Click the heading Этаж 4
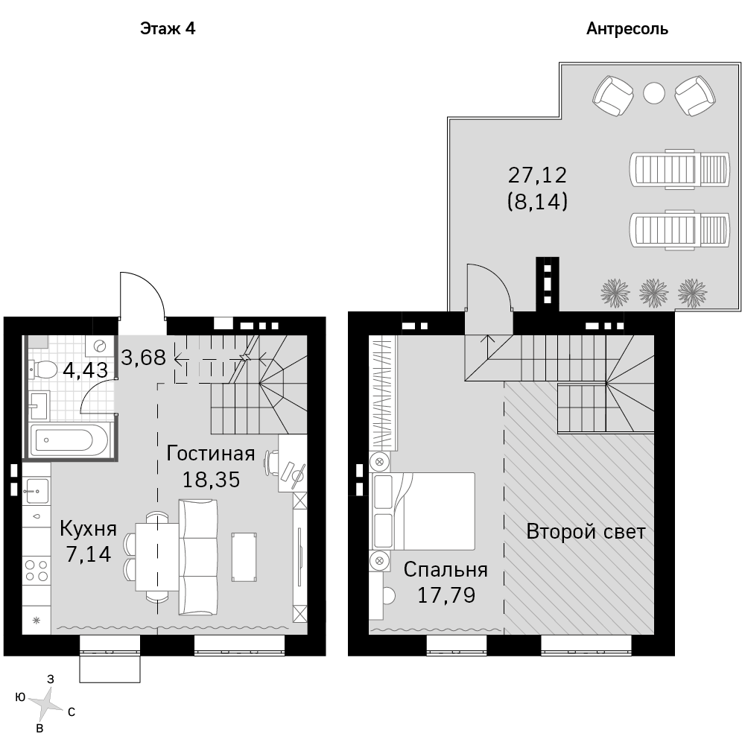(168, 29)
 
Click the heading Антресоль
(627, 30)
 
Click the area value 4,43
(86, 370)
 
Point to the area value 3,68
(144, 358)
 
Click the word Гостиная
(211, 454)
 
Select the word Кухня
(89, 529)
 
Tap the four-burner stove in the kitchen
(37, 571)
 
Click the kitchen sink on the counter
(37, 491)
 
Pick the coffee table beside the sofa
(244, 557)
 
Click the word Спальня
(446, 570)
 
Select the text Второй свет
(586, 532)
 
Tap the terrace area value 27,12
(537, 175)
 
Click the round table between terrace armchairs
(654, 93)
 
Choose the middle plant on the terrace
(654, 293)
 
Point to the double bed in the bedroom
(423, 511)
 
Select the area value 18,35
(211, 480)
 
